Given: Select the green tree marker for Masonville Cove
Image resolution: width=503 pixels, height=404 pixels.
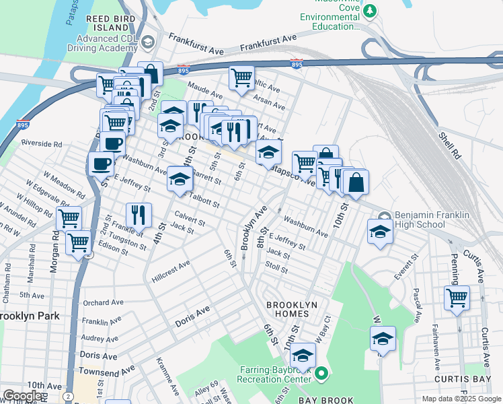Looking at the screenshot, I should coord(369,11).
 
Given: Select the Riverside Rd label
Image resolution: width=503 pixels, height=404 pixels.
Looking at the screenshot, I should coord(42,143).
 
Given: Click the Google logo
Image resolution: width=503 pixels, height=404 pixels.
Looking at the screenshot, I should coord(22,396).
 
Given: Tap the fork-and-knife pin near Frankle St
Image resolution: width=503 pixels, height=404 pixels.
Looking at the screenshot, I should coord(139,215).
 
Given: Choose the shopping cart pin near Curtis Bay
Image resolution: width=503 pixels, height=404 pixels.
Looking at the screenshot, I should coord(457,297).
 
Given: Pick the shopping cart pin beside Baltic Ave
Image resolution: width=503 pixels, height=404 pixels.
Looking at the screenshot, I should coord(241,76).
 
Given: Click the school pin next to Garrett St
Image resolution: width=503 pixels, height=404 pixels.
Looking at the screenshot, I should coord(180,178).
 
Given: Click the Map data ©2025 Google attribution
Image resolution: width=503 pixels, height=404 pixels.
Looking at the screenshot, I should coord(461,399).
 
